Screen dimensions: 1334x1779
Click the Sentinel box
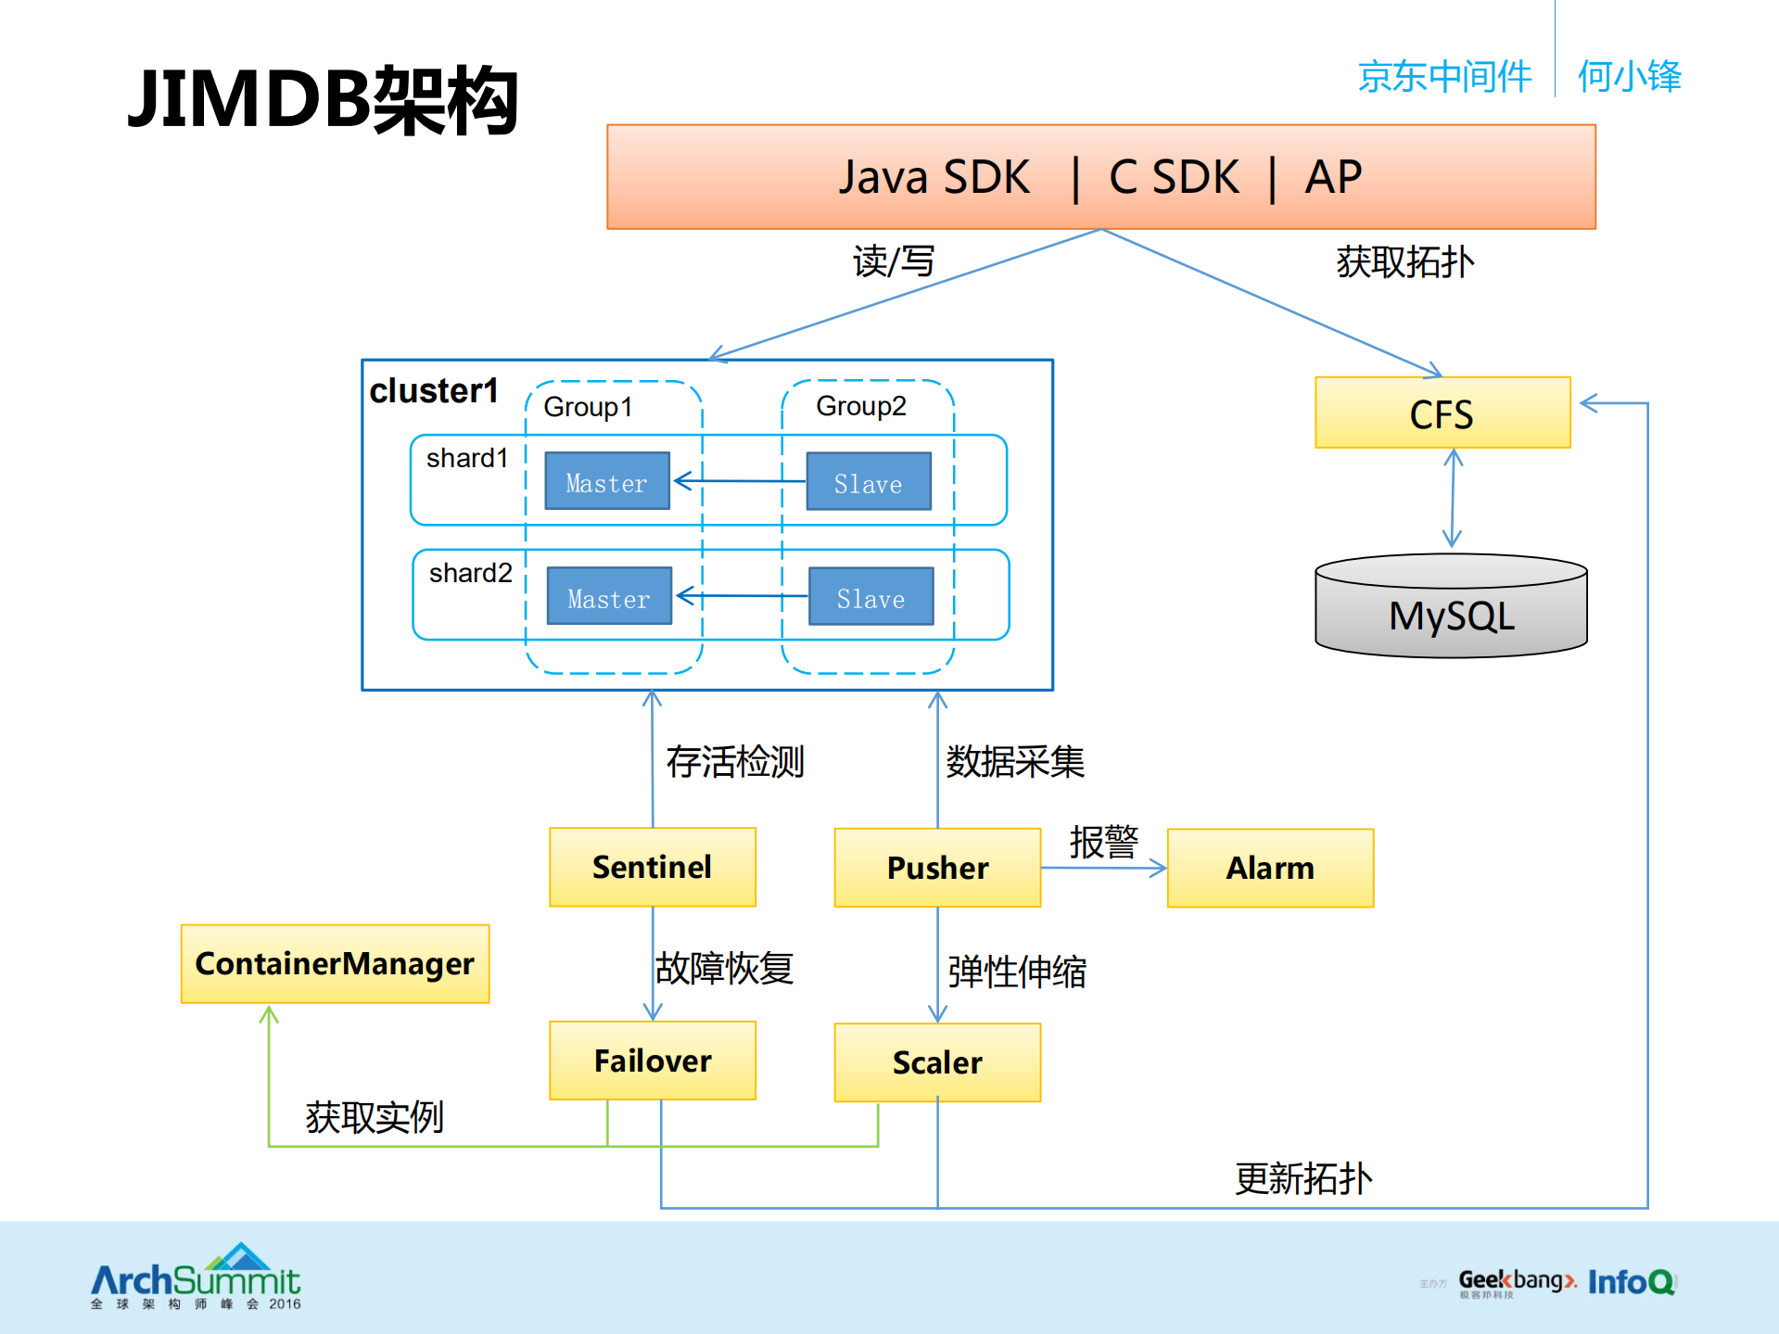tap(652, 867)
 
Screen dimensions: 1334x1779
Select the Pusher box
tap(937, 868)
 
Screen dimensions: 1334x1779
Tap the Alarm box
tap(1270, 868)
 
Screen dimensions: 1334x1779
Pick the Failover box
tap(652, 1061)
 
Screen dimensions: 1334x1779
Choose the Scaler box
tap(937, 1062)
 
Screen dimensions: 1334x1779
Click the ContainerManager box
tap(335, 964)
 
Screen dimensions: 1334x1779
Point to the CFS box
tap(1442, 413)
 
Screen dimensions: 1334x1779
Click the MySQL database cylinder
tap(1451, 607)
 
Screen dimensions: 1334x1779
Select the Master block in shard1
tap(606, 481)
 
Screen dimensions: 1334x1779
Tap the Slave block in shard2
tap(870, 597)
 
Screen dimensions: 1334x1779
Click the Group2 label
tap(860, 406)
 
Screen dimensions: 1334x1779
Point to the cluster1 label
tap(434, 391)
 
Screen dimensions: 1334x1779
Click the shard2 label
tap(470, 573)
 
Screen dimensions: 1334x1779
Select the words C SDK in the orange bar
tap(1174, 177)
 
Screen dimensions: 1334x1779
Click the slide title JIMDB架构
tap(323, 100)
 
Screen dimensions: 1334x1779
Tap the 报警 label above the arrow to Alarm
tap(1103, 842)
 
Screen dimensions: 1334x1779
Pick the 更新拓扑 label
tap(1302, 1178)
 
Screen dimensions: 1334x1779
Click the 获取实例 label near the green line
tap(375, 1117)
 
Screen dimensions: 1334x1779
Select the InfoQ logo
tap(1632, 1282)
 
